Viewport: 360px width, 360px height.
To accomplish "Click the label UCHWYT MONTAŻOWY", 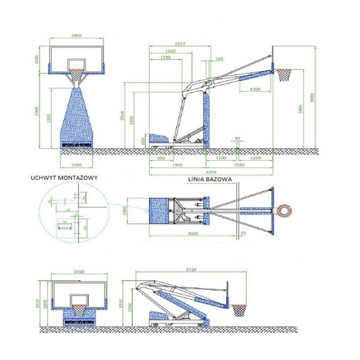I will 66,178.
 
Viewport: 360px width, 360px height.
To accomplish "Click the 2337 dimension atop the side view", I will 178,44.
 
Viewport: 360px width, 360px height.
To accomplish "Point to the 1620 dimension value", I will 170,52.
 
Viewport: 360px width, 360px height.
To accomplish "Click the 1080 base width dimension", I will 75,164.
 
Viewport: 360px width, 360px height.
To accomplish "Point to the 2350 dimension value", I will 238,164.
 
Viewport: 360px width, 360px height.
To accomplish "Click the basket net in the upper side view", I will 284,75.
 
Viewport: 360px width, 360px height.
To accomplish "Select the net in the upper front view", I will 76,77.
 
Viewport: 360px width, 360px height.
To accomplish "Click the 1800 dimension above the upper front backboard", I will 76,36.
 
